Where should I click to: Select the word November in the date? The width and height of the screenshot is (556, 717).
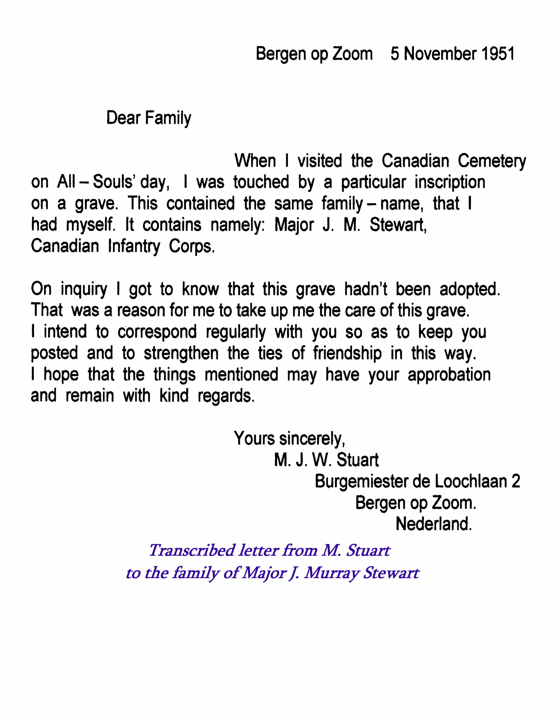(440, 54)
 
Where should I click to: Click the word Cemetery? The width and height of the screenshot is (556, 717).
(492, 161)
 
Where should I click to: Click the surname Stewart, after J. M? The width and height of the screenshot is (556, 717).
(398, 225)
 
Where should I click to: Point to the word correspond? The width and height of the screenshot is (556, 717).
(157, 332)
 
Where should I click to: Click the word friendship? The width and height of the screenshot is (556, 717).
(347, 354)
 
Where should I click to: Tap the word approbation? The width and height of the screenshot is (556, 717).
(449, 375)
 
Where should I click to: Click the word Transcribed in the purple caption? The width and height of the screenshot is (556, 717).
(192, 551)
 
